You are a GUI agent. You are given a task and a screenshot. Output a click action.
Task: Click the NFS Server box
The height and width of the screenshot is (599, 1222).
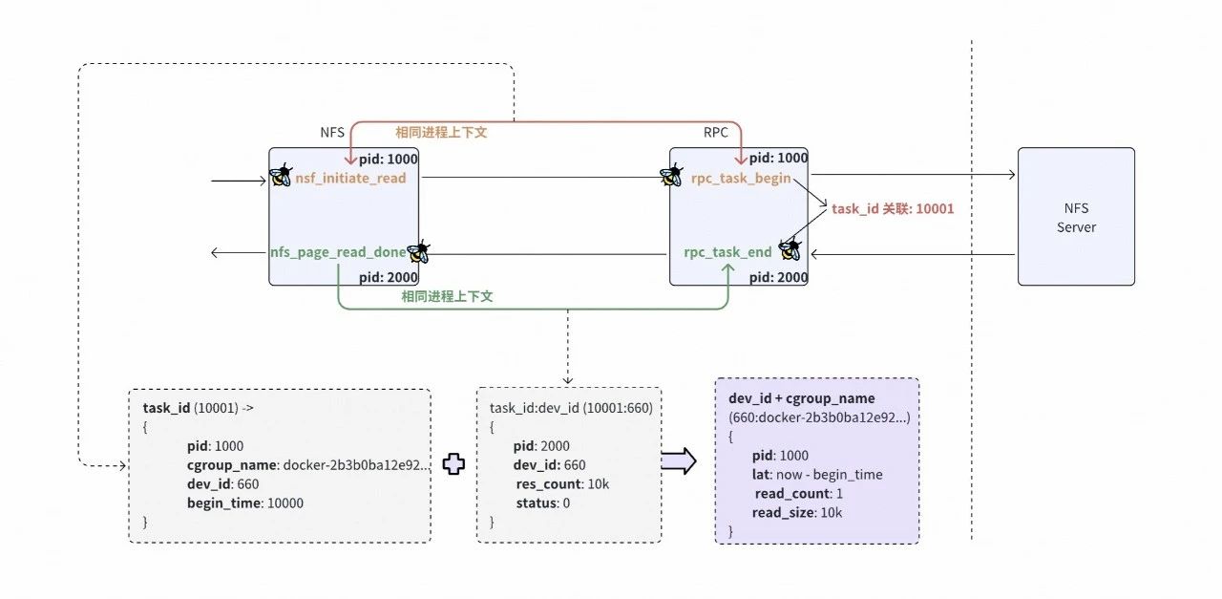pyautogui.click(x=1076, y=216)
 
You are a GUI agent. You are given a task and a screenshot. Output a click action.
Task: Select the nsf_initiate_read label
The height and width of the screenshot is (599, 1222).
pyautogui.click(x=350, y=178)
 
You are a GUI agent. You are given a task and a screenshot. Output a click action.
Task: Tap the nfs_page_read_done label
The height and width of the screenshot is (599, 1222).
pyautogui.click(x=338, y=253)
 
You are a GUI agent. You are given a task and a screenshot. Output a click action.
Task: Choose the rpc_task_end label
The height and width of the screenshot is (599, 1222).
pyautogui.click(x=727, y=253)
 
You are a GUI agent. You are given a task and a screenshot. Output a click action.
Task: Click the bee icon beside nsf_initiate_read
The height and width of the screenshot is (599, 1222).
pyautogui.click(x=280, y=176)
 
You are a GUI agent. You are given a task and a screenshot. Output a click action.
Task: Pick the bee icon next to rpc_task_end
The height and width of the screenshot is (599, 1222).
pyautogui.click(x=789, y=250)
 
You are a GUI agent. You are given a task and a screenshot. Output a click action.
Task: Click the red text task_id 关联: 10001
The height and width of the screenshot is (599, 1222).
pyautogui.click(x=893, y=208)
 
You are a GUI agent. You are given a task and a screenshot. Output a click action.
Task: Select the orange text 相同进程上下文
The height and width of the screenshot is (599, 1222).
pyautogui.click(x=441, y=133)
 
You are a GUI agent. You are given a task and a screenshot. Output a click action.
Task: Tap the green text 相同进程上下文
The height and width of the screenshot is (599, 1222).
pyautogui.click(x=447, y=297)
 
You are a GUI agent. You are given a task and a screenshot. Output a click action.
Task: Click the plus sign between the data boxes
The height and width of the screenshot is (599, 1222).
pyautogui.click(x=453, y=463)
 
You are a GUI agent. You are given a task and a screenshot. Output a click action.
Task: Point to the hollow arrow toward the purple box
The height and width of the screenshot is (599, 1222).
pyautogui.click(x=679, y=462)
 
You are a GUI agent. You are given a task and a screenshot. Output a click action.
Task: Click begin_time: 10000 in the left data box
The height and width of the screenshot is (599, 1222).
pyautogui.click(x=244, y=503)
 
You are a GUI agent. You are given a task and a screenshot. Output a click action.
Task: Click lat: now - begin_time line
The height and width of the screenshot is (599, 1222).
pyautogui.click(x=816, y=474)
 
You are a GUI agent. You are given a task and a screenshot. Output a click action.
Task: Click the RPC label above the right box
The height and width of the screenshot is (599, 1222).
pyautogui.click(x=716, y=133)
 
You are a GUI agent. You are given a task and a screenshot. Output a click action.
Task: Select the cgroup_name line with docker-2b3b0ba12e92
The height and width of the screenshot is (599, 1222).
pyautogui.click(x=307, y=464)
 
